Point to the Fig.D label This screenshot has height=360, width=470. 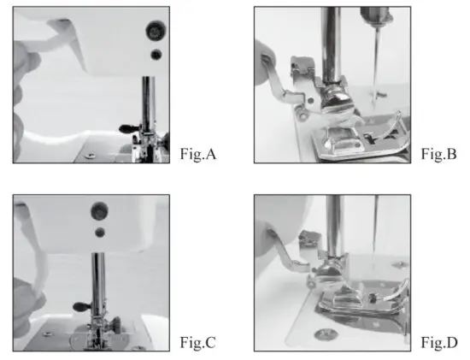[x=439, y=344]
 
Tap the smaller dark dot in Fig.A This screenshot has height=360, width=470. [x=156, y=55]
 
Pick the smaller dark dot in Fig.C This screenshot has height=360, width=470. [x=100, y=231]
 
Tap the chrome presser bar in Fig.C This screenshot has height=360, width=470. [x=100, y=282]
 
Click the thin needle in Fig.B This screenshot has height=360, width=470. [x=374, y=60]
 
